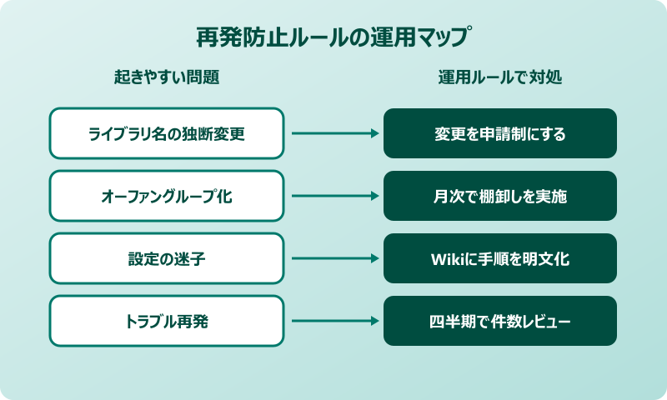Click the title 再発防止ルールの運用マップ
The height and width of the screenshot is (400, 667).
point(333,37)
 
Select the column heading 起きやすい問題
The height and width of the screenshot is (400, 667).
point(167,77)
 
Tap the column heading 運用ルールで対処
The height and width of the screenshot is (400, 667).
point(500,77)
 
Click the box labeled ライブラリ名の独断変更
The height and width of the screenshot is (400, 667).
point(167,133)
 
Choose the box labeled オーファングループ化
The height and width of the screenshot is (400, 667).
point(167,196)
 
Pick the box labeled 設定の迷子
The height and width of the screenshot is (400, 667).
point(167,258)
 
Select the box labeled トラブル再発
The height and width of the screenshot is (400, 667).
point(167,321)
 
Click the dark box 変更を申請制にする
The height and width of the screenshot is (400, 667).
point(500,133)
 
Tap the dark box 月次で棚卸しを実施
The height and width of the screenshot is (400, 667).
point(500,196)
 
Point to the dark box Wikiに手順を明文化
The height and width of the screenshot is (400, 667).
point(500,258)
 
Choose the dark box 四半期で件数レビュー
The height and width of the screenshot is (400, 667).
point(500,321)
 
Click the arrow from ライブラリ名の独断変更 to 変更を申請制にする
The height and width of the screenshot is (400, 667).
point(333,133)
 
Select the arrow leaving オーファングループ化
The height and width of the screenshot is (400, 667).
point(333,196)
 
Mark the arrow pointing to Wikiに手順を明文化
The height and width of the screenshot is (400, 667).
point(333,258)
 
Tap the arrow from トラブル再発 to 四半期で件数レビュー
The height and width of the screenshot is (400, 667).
point(333,321)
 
